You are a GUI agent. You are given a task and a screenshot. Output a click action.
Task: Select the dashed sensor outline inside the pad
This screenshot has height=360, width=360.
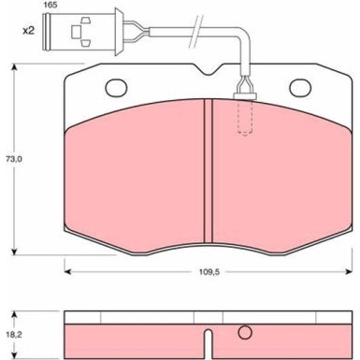tap(247, 117)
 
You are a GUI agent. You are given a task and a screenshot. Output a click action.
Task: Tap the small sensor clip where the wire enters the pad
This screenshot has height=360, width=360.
tap(247, 92)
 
